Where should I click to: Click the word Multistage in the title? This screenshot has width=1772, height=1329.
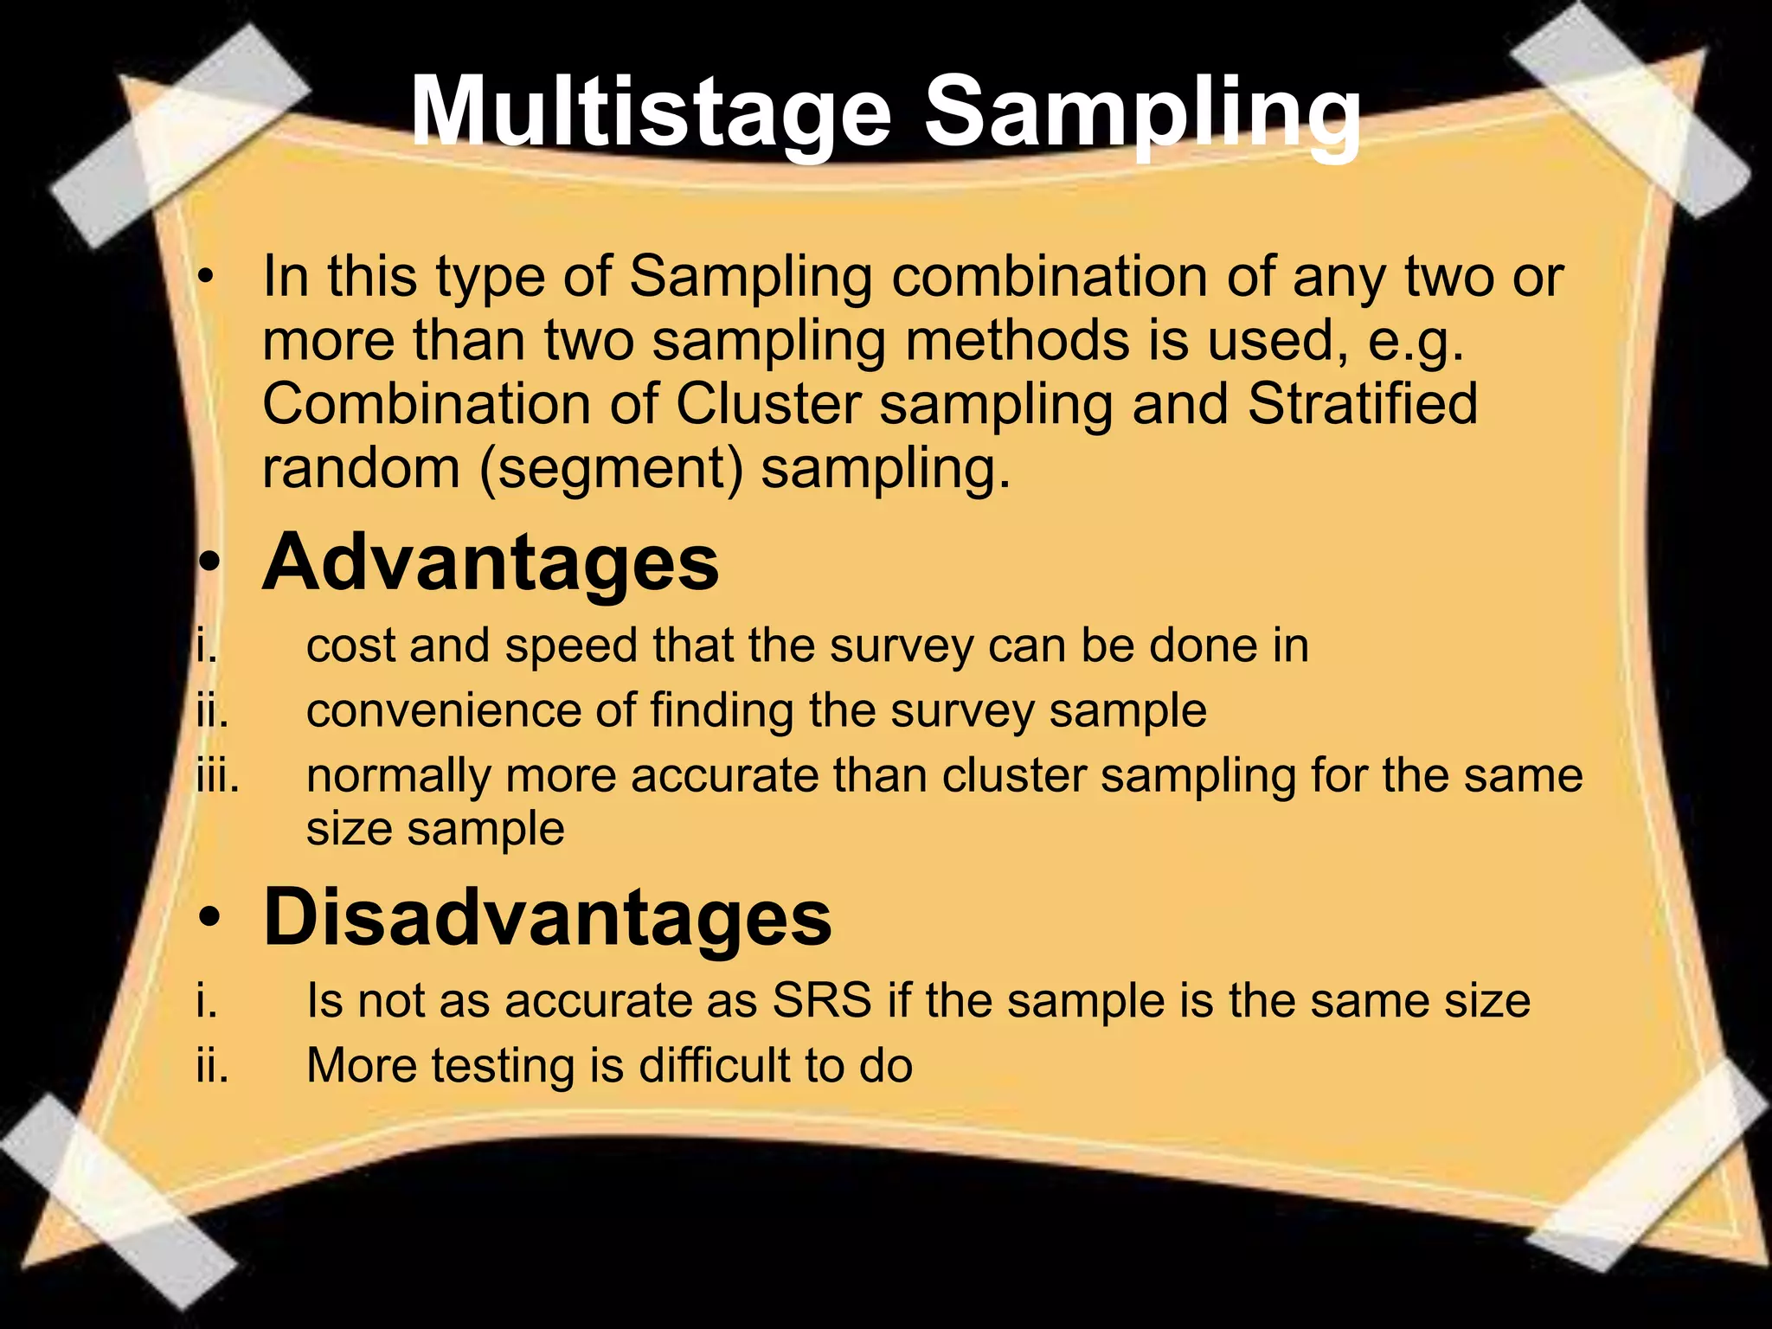(650, 113)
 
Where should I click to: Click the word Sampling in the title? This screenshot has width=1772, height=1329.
(1142, 113)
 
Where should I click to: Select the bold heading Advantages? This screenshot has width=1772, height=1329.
(491, 563)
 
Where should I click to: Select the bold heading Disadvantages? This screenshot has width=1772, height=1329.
(547, 918)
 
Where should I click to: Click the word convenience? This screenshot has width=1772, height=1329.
(442, 711)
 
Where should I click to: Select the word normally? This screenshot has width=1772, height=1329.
(398, 776)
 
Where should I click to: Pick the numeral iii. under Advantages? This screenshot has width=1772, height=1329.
(217, 775)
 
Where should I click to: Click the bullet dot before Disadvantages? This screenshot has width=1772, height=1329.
(208, 920)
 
